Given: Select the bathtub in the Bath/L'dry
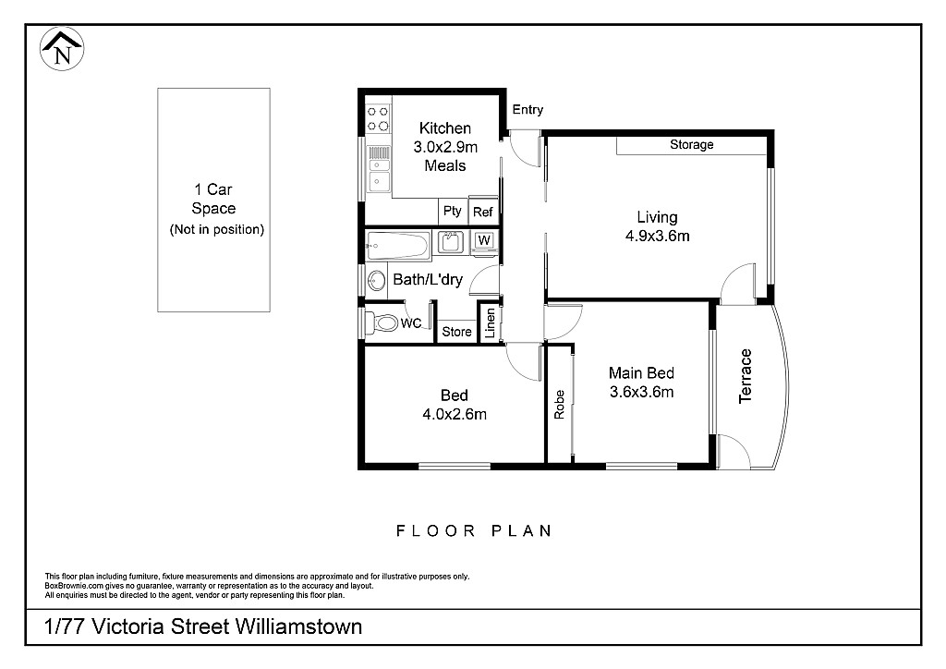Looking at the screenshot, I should [x=397, y=246].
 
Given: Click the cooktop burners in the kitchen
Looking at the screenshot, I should [x=377, y=117].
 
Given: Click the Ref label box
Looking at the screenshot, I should [x=482, y=212].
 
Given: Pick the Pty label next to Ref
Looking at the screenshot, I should [x=452, y=211].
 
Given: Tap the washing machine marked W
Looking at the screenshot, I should [x=485, y=242].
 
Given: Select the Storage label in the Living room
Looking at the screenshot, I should [x=691, y=145].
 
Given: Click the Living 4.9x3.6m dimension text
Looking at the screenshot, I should [x=657, y=236].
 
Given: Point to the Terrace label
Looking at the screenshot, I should [x=746, y=376].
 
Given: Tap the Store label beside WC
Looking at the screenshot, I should [x=456, y=331].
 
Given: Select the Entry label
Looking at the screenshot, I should [x=528, y=110].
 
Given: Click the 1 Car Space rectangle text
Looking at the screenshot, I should [x=213, y=209].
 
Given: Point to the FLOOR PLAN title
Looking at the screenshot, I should [x=474, y=530].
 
